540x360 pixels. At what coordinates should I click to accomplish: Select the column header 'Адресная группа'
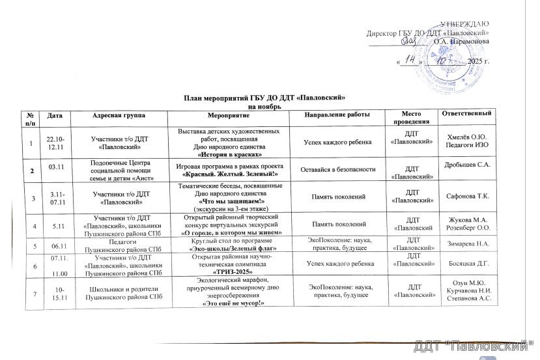click(x=122, y=115)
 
